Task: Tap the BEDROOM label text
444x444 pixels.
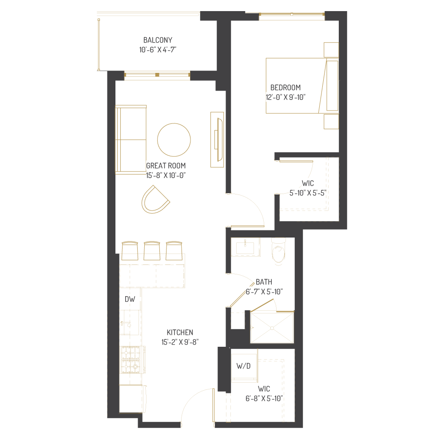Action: pyautogui.click(x=285, y=87)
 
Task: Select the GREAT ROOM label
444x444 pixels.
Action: pyautogui.click(x=166, y=166)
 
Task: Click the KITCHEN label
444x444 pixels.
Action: pyautogui.click(x=180, y=333)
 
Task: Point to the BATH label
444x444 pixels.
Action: pyautogui.click(x=264, y=282)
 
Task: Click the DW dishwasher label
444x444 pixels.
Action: pyautogui.click(x=130, y=299)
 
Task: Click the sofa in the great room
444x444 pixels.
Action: pyautogui.click(x=131, y=139)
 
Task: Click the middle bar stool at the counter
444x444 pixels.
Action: pyautogui.click(x=152, y=251)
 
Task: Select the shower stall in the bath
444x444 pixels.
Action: pyautogui.click(x=272, y=327)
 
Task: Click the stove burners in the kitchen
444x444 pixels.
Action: pyautogui.click(x=131, y=360)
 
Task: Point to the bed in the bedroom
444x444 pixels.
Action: pyautogui.click(x=302, y=86)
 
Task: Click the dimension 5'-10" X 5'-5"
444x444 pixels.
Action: pyautogui.click(x=308, y=193)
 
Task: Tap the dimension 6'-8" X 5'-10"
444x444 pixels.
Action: pyautogui.click(x=264, y=398)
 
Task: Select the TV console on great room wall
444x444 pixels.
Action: pyautogui.click(x=217, y=139)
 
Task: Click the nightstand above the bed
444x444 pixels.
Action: pyautogui.click(x=331, y=50)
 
